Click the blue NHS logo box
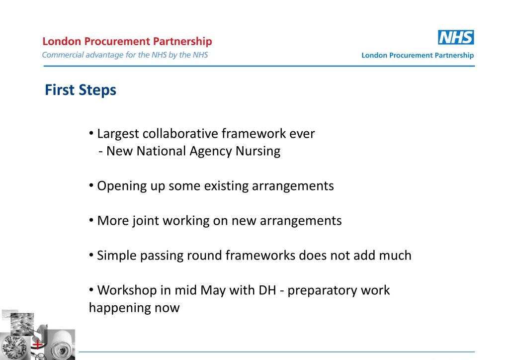click(x=456, y=38)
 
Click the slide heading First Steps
click(x=81, y=90)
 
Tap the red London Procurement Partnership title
click(x=127, y=42)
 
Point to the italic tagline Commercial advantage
click(x=125, y=55)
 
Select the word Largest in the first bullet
click(x=118, y=134)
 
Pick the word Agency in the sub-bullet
click(x=209, y=151)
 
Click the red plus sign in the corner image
click(x=36, y=344)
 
